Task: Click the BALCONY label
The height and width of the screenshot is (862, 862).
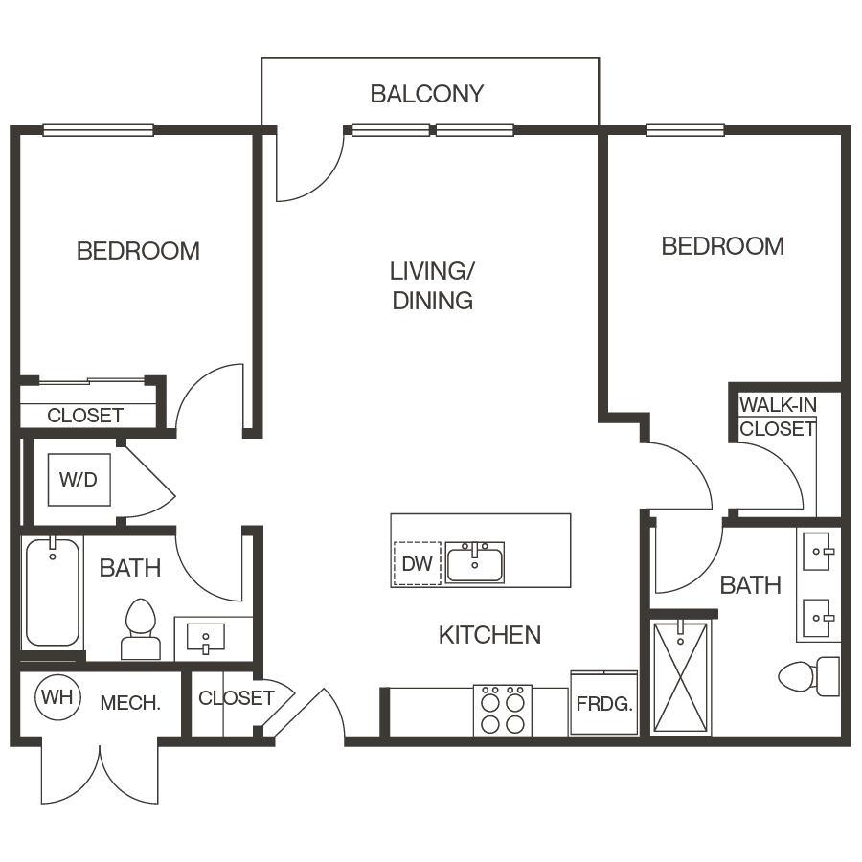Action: (427, 94)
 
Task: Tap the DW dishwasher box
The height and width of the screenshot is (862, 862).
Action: (418, 563)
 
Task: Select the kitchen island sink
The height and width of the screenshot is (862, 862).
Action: (475, 562)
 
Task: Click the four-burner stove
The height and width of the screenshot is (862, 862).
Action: (502, 710)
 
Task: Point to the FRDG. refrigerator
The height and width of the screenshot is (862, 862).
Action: (604, 704)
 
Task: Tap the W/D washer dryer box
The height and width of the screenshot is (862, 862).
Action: (79, 479)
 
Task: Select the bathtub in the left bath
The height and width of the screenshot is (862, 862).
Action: (53, 594)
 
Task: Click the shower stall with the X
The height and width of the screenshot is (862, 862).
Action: (679, 677)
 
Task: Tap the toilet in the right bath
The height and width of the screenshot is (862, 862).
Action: (807, 675)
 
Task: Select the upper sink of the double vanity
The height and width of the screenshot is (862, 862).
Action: (818, 552)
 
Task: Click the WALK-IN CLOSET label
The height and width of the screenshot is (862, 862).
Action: (777, 417)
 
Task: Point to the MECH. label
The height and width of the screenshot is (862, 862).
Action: (130, 703)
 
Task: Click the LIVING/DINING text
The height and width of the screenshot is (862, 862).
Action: (432, 285)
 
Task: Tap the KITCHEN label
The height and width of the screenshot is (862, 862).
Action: (489, 635)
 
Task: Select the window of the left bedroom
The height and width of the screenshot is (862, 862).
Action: (98, 130)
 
